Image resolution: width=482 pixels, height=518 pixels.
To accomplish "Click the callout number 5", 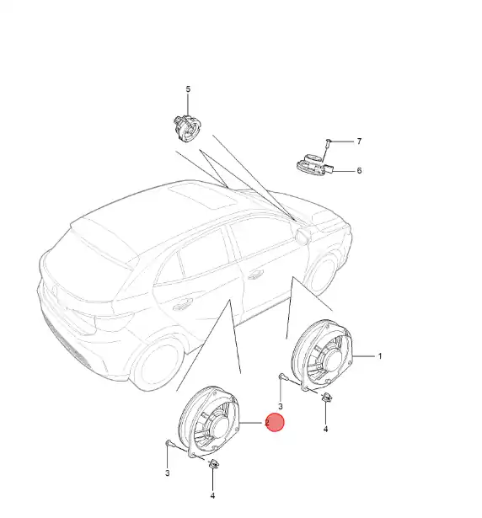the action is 188,89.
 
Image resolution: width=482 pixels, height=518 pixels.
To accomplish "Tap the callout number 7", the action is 359,142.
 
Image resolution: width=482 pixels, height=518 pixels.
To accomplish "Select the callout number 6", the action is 359,170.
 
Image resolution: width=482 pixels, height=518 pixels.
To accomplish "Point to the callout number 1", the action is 380,356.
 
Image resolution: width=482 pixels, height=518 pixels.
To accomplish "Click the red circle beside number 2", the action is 275,423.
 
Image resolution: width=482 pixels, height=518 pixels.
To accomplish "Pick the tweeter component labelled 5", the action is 187,128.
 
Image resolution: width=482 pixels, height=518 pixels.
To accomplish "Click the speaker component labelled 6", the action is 314,164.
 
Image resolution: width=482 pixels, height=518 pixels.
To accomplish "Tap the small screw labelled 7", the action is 328,142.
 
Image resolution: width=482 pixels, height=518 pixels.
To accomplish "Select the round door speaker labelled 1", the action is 323,355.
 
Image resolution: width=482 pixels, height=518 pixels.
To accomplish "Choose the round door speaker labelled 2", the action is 208,422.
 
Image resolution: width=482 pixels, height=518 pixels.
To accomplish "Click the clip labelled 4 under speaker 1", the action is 327,397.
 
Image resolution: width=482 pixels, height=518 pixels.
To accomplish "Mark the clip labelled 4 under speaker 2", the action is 213,464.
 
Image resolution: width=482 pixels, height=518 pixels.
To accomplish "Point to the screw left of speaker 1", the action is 283,376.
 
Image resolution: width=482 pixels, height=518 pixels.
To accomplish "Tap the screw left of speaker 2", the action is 169,443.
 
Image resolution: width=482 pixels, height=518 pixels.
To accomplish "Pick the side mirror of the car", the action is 303,236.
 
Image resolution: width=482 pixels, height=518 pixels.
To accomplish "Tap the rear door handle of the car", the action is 183,305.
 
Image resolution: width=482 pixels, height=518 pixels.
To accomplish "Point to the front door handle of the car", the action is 255,275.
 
